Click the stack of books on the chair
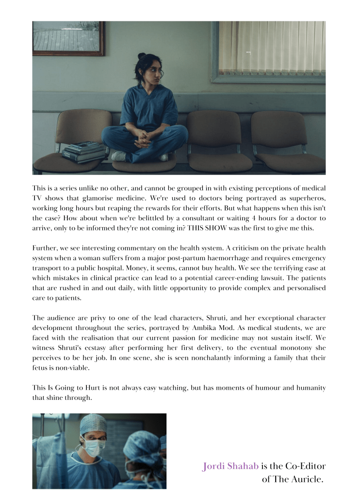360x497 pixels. click(83, 151)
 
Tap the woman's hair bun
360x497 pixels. click(142, 56)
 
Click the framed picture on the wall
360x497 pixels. click(68, 37)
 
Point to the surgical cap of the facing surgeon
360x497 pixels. click(93, 424)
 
